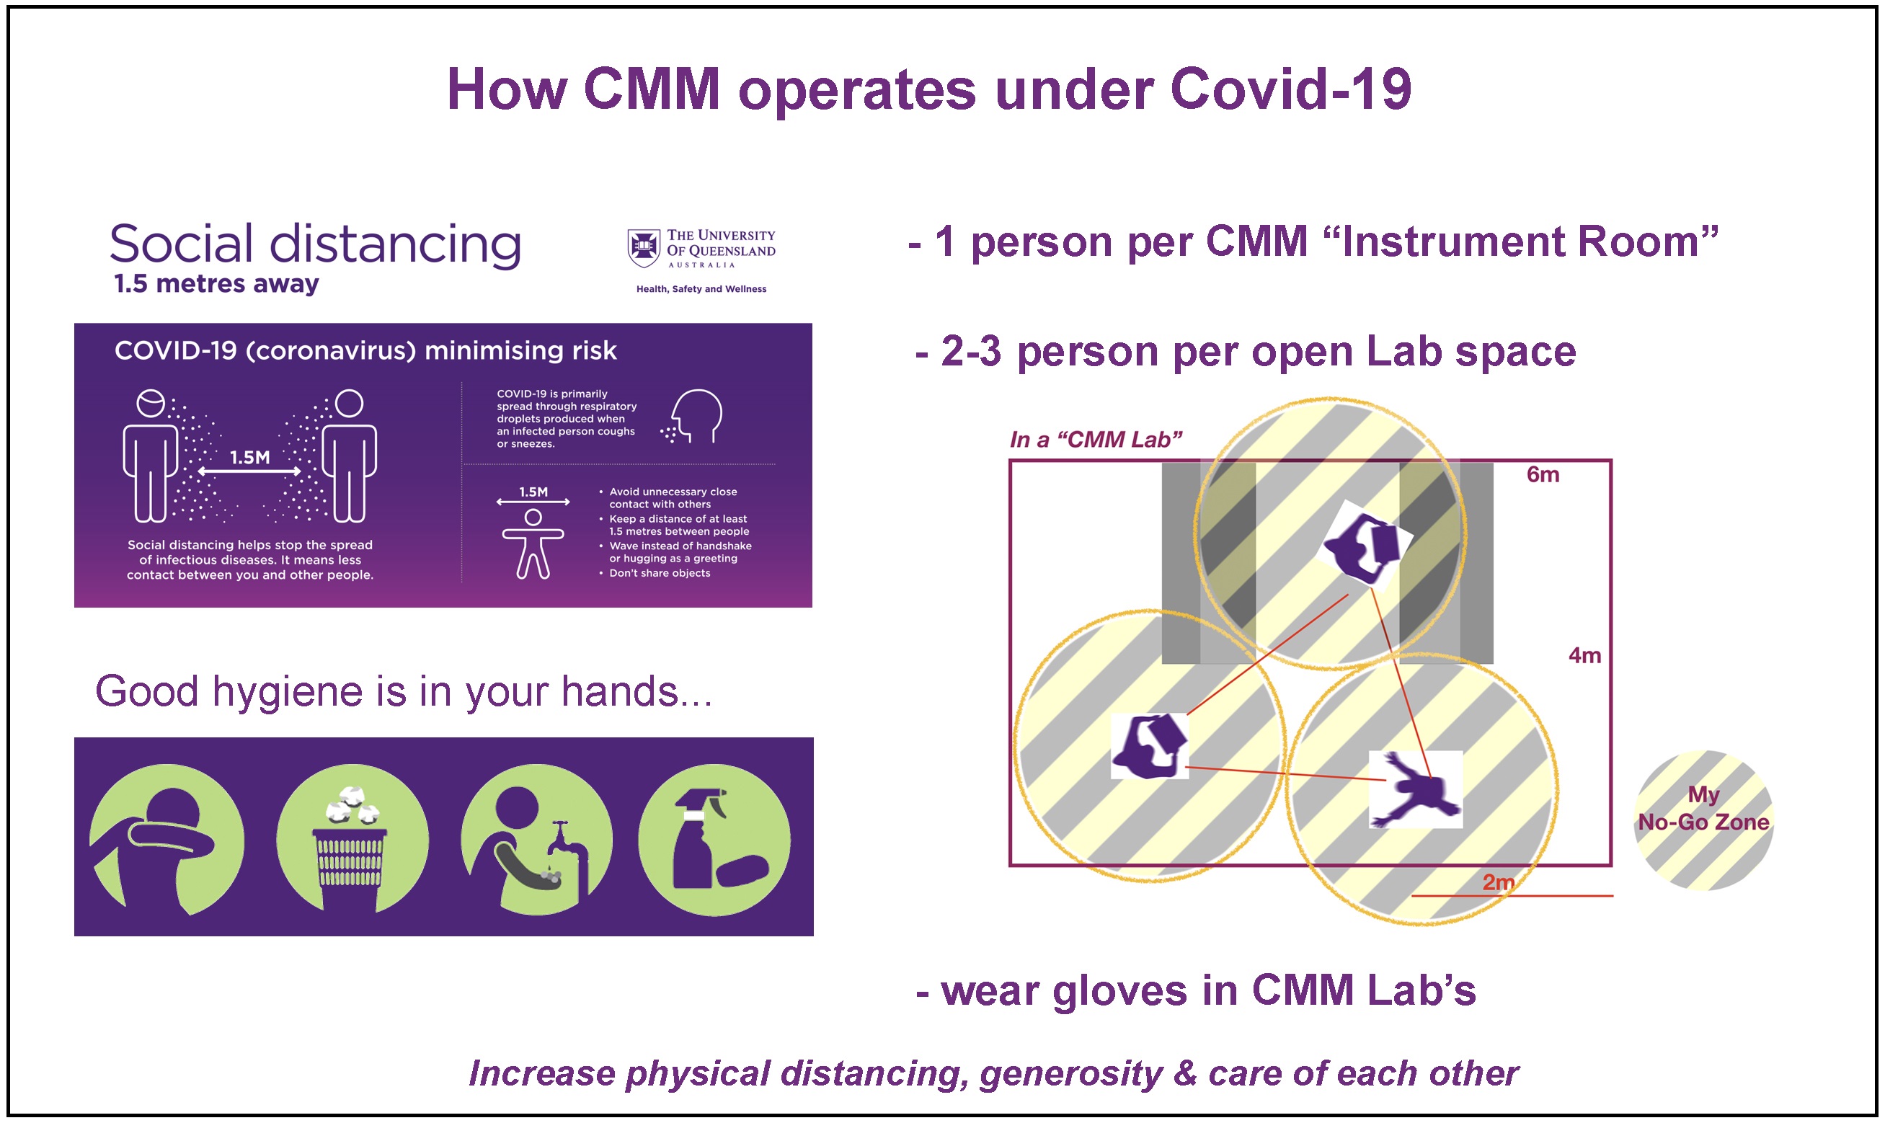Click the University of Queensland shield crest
(643, 248)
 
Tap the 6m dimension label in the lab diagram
(1542, 474)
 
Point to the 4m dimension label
(1584, 655)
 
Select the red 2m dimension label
(1499, 882)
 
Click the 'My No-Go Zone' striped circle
(1703, 820)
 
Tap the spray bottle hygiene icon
(714, 839)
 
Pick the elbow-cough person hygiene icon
(167, 839)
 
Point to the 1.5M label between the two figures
(249, 457)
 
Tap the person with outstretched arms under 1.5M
(533, 543)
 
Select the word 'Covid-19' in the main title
(1291, 89)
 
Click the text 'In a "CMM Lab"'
(1096, 440)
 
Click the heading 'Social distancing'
(316, 244)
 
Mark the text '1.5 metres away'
(216, 284)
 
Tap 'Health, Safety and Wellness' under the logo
(701, 289)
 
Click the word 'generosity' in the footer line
(1070, 1075)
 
